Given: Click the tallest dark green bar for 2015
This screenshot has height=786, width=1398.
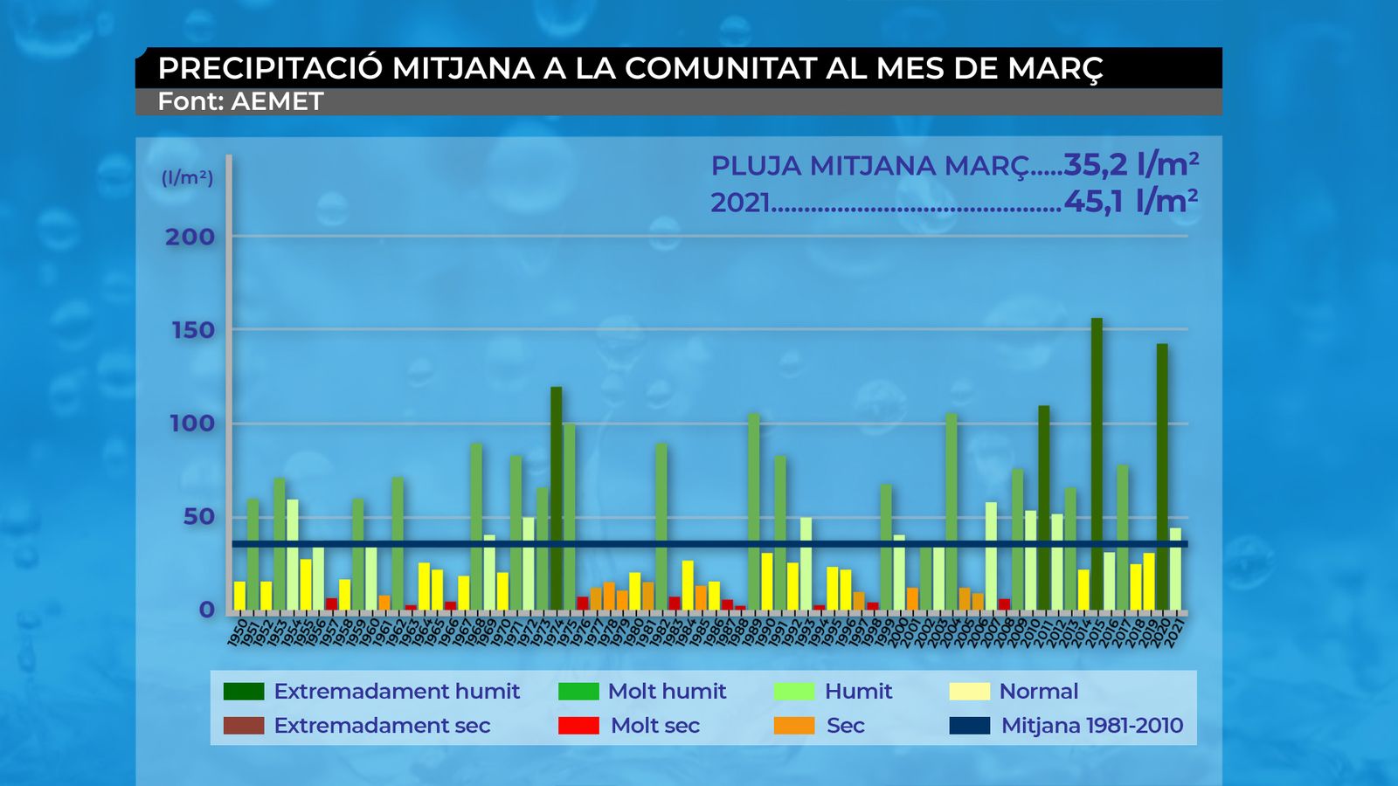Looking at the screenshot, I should point(1097,463).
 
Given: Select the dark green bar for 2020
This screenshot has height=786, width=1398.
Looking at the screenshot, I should point(1162,476).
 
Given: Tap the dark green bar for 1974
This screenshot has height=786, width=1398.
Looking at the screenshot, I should point(557,498).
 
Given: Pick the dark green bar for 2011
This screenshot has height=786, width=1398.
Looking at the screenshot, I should point(1043,507).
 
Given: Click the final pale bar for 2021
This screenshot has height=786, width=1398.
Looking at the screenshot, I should point(1175,568).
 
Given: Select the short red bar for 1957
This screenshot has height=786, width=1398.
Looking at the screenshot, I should point(332,603).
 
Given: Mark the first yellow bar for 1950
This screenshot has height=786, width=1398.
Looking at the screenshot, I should point(239,596).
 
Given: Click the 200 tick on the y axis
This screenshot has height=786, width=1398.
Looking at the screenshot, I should point(190,237).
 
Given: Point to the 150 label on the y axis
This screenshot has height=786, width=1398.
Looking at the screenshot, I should point(190,330).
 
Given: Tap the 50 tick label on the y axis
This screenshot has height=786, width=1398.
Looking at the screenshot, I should point(198,516).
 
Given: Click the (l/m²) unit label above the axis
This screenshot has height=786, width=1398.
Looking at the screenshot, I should point(187,178).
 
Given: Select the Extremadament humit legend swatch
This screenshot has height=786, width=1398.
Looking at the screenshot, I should point(244,692).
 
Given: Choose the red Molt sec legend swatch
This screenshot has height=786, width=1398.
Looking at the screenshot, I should point(578,726).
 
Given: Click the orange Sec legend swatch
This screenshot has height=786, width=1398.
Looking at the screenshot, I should point(794,726).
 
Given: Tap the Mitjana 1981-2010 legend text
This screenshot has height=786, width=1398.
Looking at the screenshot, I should point(1091,726).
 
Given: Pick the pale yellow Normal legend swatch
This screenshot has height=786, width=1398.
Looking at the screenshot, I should point(969,692).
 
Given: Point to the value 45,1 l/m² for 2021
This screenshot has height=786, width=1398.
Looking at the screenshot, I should point(1130,202).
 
